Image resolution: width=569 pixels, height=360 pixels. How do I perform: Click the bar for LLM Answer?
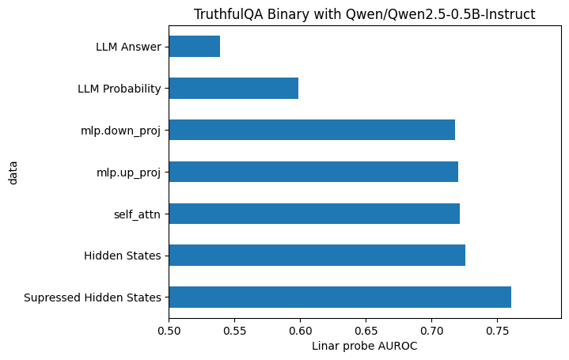[195, 47]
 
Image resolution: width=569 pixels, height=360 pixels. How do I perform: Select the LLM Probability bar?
[233, 88]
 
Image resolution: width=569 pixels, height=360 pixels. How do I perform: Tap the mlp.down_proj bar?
[312, 130]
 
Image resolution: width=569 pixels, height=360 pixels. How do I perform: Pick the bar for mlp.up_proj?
[313, 172]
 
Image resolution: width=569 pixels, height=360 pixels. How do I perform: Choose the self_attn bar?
[314, 214]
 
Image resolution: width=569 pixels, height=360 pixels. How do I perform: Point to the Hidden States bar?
[317, 256]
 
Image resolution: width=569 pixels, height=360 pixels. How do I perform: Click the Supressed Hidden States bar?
[340, 297]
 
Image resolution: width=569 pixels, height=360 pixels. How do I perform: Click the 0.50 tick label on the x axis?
[169, 331]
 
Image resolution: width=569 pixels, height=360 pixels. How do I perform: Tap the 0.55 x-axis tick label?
[234, 331]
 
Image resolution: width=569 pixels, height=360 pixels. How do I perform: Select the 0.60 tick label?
[300, 331]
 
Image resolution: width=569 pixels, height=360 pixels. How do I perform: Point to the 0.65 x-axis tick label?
[366, 331]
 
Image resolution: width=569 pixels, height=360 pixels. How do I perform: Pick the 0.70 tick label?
[431, 331]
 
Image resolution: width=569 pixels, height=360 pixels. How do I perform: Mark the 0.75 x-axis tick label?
[497, 331]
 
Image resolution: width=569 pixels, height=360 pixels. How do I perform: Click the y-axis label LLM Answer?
[128, 47]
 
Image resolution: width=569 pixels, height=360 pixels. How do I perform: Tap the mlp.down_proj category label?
[121, 131]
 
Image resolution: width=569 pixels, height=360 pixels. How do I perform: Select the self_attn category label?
[137, 214]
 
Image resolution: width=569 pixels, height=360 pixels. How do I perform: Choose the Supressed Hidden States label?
[93, 298]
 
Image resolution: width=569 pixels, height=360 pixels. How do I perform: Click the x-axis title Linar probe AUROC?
[364, 347]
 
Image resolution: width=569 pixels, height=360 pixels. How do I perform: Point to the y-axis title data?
[13, 172]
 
